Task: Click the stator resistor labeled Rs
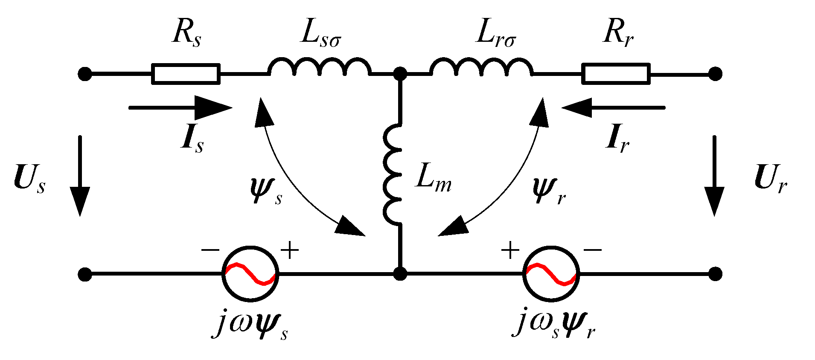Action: point(186,74)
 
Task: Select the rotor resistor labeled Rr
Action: point(616,74)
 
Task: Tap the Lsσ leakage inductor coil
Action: point(319,68)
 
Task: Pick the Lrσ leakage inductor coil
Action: point(481,68)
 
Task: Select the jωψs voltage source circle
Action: point(250,274)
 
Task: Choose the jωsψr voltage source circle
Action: point(551,274)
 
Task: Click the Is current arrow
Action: point(181,108)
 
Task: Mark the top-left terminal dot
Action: point(85,74)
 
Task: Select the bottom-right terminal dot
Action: point(715,274)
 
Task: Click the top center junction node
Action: point(400,74)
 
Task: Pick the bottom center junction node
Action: point(400,274)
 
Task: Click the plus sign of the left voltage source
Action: point(290,250)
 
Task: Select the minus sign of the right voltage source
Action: point(593,250)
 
